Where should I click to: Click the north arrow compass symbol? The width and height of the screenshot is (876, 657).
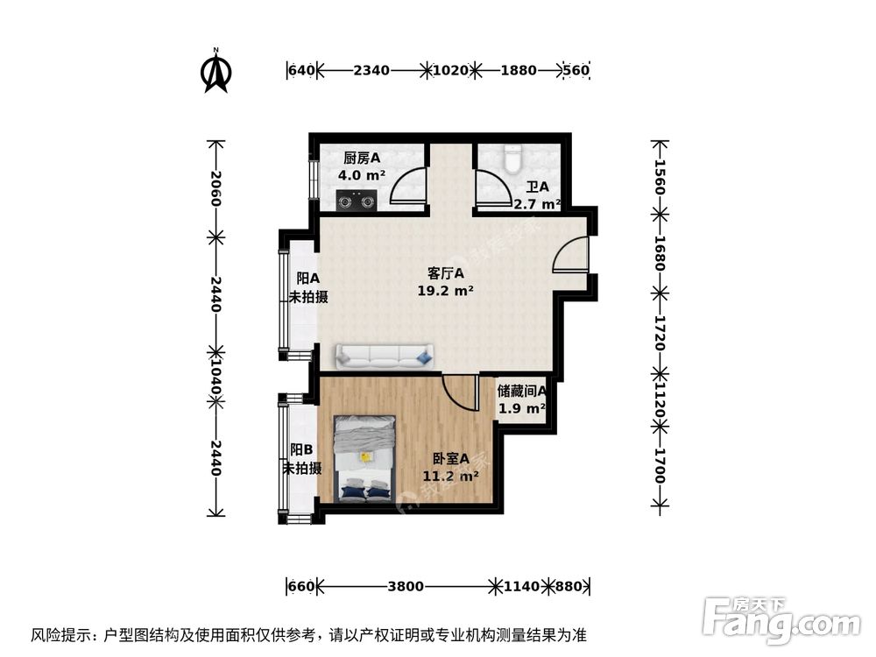click(x=216, y=74)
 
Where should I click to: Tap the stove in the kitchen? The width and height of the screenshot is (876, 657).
click(x=357, y=201)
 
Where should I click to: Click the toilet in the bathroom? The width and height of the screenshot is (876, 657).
click(x=514, y=158)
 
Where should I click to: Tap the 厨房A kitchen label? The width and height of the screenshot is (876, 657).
click(x=362, y=159)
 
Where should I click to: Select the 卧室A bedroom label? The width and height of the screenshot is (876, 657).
click(x=451, y=458)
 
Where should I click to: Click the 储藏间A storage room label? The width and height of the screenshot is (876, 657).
click(x=522, y=392)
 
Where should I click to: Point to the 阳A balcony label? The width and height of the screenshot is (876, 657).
click(x=307, y=279)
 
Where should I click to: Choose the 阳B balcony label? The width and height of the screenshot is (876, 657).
click(x=301, y=449)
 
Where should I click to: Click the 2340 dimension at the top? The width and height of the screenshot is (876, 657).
click(x=371, y=71)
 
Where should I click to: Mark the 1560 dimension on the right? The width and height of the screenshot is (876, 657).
click(x=661, y=180)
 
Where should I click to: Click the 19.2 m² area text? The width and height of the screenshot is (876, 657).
click(x=446, y=292)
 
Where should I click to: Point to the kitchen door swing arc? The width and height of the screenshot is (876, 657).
click(x=407, y=187)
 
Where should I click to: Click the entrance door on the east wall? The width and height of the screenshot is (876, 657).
click(x=572, y=255)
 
